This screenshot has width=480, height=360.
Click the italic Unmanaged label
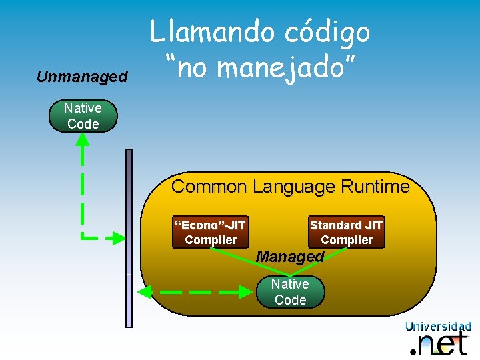tap(82, 77)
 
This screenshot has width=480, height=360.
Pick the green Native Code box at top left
tap(83, 116)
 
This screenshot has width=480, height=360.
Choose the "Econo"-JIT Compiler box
tap(211, 233)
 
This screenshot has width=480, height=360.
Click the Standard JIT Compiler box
tap(346, 233)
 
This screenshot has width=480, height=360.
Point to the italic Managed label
tap(290, 256)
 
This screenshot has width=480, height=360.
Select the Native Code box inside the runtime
tap(291, 292)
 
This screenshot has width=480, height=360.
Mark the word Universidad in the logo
tap(438, 326)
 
